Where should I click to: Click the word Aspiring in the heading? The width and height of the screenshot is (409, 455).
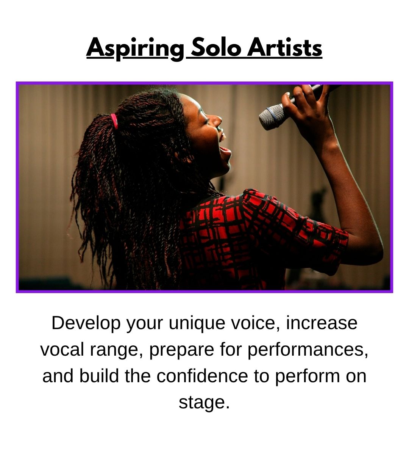click(135, 49)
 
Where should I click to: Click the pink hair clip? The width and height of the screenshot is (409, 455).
click(114, 121)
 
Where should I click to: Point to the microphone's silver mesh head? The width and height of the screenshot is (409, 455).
click(272, 116)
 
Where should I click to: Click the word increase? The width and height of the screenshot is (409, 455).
click(322, 323)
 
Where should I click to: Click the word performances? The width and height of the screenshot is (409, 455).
click(308, 350)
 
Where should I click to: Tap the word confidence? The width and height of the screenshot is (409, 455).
click(202, 376)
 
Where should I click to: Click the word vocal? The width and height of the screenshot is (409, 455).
click(62, 349)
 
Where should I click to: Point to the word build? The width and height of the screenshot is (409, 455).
click(99, 376)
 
